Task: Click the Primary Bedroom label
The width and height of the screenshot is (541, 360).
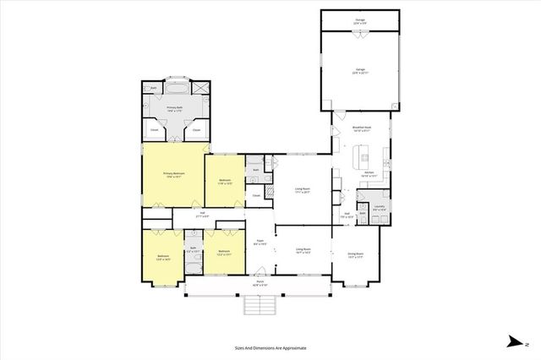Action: pos(173,174)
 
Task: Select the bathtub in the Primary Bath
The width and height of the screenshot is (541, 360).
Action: pos(177,88)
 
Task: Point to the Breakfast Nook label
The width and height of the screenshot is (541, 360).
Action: pos(363,129)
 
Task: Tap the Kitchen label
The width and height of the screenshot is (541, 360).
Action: pos(369,173)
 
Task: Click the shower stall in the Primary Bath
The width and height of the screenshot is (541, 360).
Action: pos(200,88)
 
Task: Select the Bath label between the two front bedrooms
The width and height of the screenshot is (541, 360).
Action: pos(192,249)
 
